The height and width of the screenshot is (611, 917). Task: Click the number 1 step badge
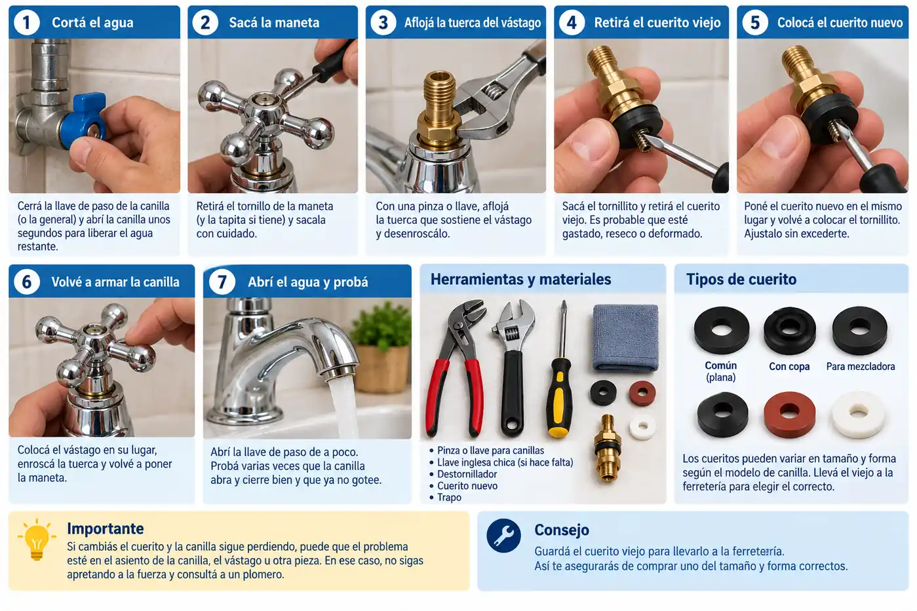[x=27, y=22]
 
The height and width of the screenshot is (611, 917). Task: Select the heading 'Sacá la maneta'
[x=274, y=22]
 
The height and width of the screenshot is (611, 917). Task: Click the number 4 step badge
[x=572, y=22]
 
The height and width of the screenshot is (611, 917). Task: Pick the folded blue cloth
[x=625, y=338]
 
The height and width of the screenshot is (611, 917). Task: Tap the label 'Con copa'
[x=789, y=367]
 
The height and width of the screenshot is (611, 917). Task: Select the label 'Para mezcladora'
[x=861, y=367]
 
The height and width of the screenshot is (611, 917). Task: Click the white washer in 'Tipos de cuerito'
[x=859, y=415]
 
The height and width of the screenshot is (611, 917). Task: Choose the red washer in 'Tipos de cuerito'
[x=790, y=415]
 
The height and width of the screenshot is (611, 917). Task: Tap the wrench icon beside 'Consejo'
[x=504, y=536]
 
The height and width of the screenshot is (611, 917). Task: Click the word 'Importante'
[x=106, y=528]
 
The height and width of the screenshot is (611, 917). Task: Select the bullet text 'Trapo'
[x=449, y=497]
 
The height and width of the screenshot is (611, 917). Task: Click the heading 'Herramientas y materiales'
[x=520, y=280]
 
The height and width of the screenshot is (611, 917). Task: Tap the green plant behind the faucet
[x=381, y=327]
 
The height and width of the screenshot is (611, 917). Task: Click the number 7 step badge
[x=222, y=282]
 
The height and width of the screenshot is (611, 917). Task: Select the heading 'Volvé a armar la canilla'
[x=115, y=282]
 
